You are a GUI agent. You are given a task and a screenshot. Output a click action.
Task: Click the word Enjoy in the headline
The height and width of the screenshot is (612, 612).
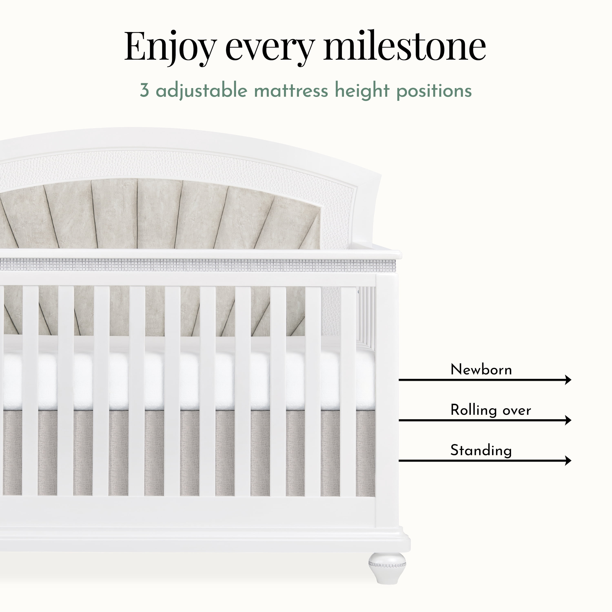coord(170,48)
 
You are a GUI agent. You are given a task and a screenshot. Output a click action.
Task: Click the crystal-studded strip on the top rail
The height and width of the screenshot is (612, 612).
coord(198,265)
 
